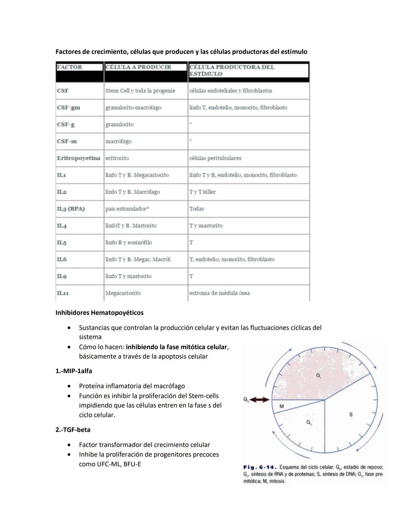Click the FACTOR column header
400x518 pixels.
(70, 67)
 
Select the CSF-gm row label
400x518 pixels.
(68, 107)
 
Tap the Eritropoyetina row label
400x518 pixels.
(79, 158)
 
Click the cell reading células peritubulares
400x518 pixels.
(215, 158)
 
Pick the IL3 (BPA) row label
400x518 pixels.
(71, 209)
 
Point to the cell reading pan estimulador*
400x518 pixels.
(127, 209)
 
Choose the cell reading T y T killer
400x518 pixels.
(202, 192)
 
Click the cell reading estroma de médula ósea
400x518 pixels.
(219, 293)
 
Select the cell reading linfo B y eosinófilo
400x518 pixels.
(129, 243)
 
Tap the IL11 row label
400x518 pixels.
(63, 293)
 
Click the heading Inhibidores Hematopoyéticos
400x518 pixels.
(99, 313)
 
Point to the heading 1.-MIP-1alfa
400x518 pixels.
(74, 371)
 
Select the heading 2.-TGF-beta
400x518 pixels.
(73, 430)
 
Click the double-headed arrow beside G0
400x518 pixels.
(260, 400)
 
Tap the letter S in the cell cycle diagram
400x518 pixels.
(351, 414)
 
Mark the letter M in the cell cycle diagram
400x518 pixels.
(281, 406)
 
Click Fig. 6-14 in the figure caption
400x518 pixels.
(259, 467)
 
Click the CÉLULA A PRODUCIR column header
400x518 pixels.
(138, 67)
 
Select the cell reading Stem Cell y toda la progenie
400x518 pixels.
(140, 91)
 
